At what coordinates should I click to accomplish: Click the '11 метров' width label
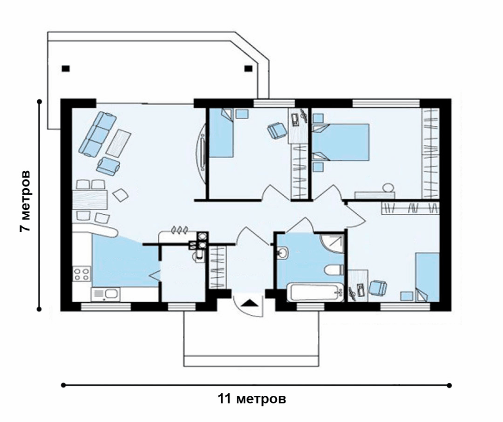tap(252, 399)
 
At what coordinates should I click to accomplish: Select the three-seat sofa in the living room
tap(98, 134)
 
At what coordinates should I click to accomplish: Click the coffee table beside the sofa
tap(118, 143)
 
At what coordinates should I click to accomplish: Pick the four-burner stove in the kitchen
tap(81, 274)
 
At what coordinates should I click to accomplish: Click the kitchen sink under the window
tap(106, 294)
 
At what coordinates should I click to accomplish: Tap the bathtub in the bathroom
tap(315, 292)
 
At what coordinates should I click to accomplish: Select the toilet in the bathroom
tap(334, 270)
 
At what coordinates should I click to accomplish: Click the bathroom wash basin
tap(283, 252)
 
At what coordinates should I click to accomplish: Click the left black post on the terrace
tap(66, 68)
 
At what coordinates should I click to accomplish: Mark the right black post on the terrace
tap(248, 68)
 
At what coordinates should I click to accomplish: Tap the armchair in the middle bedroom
tap(277, 131)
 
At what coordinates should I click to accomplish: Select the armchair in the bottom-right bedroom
tap(378, 288)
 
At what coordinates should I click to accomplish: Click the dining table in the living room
tap(90, 200)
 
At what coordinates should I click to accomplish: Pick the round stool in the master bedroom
tap(388, 187)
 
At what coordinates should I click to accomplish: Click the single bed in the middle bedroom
tap(222, 133)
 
